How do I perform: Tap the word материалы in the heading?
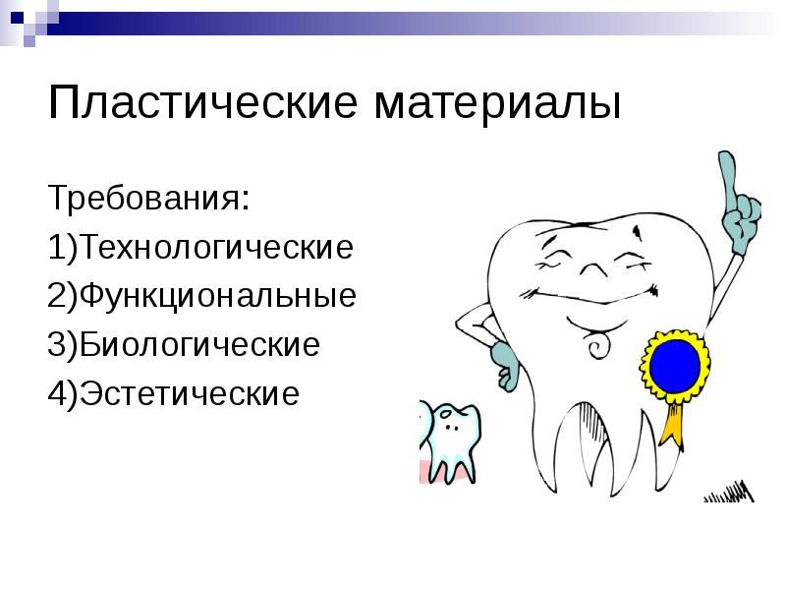[x=494, y=104]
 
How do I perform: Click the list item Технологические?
[x=217, y=247]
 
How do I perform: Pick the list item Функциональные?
[x=218, y=296]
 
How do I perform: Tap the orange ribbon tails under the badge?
[x=672, y=423]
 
